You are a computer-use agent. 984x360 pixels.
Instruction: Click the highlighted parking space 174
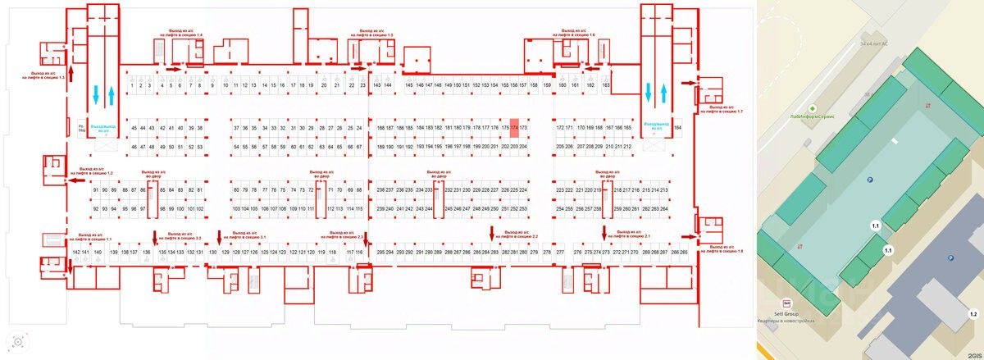[x=514, y=128]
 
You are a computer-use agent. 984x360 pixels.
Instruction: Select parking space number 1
[x=132, y=85]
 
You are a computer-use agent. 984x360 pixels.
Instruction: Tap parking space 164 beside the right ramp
[x=677, y=128]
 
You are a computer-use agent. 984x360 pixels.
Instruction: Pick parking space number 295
[x=380, y=252]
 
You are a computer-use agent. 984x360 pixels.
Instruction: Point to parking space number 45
[x=134, y=128]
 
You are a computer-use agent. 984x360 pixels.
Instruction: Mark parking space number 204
[x=523, y=146]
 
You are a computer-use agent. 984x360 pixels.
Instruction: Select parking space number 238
[x=380, y=190]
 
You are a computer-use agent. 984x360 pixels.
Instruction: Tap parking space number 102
[x=199, y=209]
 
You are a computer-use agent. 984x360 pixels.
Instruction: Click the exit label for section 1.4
[x=186, y=34]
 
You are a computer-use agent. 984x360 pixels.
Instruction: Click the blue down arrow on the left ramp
[x=97, y=95]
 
